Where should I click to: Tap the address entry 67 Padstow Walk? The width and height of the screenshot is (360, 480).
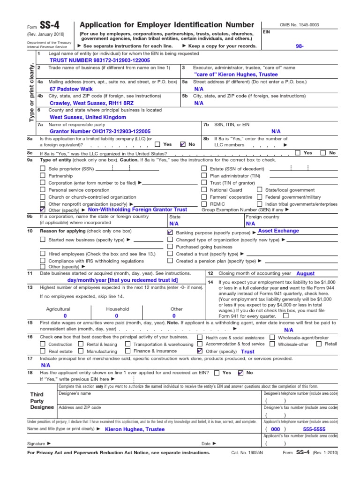(71, 89)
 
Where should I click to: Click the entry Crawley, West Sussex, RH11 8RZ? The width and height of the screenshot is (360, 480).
(91, 103)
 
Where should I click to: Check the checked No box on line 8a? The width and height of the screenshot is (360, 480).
(183, 144)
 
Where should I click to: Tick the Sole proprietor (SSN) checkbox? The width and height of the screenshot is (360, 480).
(43, 168)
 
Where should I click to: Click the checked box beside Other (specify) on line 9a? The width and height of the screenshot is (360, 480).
(43, 210)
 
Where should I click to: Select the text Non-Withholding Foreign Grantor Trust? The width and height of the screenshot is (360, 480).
(137, 210)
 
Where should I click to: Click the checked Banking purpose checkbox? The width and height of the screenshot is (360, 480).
(170, 232)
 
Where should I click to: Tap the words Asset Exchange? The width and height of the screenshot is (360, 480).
(278, 231)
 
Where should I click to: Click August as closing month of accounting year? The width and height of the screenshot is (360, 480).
(306, 273)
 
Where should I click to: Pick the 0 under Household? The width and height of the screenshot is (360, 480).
(117, 316)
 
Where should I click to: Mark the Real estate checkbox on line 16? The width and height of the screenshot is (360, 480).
(43, 351)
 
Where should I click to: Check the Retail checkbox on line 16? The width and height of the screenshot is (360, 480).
(319, 344)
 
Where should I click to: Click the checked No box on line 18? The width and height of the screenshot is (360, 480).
(241, 373)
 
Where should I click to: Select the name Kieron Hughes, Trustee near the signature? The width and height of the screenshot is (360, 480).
(135, 429)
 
